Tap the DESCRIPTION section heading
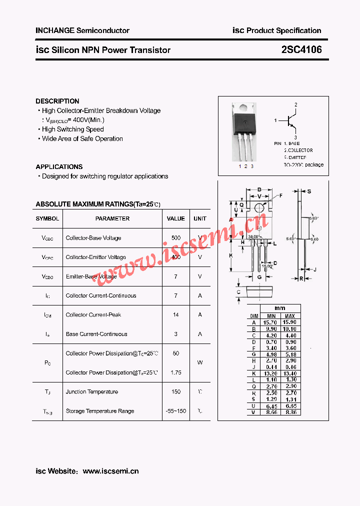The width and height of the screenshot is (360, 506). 57,101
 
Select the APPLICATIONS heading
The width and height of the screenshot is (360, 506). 59,166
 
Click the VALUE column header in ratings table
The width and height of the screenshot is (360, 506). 175,218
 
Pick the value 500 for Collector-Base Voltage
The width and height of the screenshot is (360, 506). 175,238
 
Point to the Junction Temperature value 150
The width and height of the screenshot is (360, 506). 175,392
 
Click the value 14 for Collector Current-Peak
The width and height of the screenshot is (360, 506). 175,315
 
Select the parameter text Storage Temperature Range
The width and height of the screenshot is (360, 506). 100,411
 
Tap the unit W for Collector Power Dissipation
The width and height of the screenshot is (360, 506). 200,362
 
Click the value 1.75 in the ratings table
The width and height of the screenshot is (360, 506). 175,372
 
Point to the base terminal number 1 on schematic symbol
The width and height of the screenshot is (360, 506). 275,120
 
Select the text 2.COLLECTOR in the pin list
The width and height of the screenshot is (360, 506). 298,150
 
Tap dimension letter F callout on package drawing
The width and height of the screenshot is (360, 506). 281,195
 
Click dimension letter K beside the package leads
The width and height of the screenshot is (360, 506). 231,255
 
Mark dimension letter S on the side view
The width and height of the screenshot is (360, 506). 309,191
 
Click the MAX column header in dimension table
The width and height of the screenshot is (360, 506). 289,316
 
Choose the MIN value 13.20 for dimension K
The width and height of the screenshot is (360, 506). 271,373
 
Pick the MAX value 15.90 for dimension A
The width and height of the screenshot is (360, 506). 289,322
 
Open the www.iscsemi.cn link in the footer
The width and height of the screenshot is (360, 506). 110,471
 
